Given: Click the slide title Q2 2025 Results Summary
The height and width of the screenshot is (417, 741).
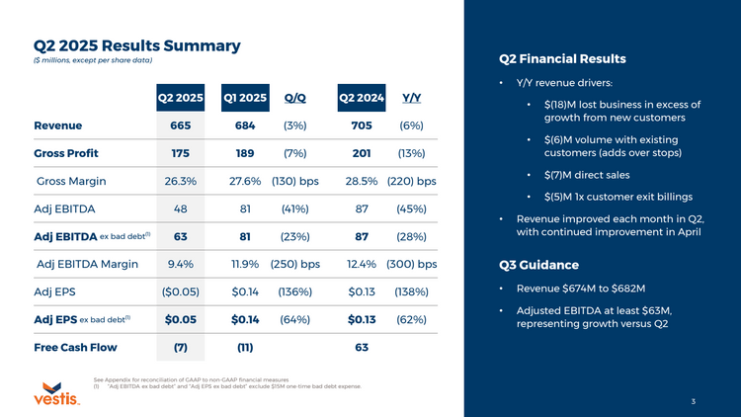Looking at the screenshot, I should pyautogui.click(x=137, y=45).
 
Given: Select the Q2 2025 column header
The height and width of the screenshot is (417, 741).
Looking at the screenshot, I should pyautogui.click(x=181, y=98).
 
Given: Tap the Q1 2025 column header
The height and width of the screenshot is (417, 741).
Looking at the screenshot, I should pyautogui.click(x=245, y=98).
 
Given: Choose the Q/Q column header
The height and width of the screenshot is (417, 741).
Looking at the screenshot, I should pyautogui.click(x=294, y=98).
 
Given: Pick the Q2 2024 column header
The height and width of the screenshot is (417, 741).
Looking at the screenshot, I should pyautogui.click(x=361, y=98).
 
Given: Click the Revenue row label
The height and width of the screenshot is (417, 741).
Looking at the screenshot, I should pyautogui.click(x=58, y=125).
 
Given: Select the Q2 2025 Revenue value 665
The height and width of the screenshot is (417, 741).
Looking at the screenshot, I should pyautogui.click(x=181, y=125).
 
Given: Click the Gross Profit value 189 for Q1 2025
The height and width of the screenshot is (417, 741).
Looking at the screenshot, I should pyautogui.click(x=245, y=153).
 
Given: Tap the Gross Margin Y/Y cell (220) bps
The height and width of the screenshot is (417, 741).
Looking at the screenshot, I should pyautogui.click(x=412, y=181).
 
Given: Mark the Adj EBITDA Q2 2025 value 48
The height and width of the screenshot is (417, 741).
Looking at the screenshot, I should pyautogui.click(x=181, y=208).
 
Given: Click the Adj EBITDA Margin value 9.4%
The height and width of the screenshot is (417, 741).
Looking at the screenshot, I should pyautogui.click(x=181, y=264).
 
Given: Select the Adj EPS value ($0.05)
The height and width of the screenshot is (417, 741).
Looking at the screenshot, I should pyautogui.click(x=181, y=292).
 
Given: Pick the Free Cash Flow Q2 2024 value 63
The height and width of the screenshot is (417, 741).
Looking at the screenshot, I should pyautogui.click(x=361, y=348).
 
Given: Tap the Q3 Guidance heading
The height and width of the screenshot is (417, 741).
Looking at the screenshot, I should pyautogui.click(x=538, y=265).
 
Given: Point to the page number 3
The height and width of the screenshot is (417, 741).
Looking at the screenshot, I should pyautogui.click(x=694, y=401).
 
